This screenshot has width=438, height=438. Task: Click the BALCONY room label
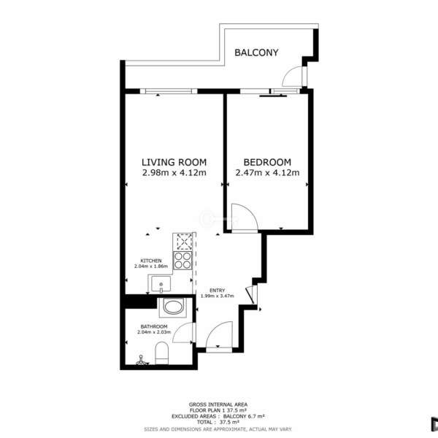tap(256, 53)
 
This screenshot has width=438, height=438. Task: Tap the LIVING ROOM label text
tap(174, 162)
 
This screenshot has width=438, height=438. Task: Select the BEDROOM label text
tap(267, 162)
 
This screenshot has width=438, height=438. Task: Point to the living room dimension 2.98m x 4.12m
tap(174, 172)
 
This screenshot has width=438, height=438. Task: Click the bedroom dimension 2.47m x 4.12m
tap(267, 172)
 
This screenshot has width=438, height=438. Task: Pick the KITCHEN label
tap(151, 261)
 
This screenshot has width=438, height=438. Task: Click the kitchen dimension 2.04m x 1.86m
tap(151, 266)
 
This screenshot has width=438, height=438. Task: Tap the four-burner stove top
tap(182, 261)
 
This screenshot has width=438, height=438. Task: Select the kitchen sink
tap(161, 284)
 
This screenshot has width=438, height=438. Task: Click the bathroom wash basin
tap(173, 307)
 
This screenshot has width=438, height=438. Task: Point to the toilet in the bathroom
tap(162, 353)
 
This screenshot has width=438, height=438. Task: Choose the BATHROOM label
tap(154, 326)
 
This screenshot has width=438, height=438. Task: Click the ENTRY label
tap(218, 291)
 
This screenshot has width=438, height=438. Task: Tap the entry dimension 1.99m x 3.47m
tap(218, 296)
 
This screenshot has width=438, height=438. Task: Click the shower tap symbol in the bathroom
tap(141, 361)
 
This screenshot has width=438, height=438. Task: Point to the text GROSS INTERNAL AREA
tap(218, 404)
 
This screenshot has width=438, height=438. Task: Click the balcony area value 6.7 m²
tap(255, 417)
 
